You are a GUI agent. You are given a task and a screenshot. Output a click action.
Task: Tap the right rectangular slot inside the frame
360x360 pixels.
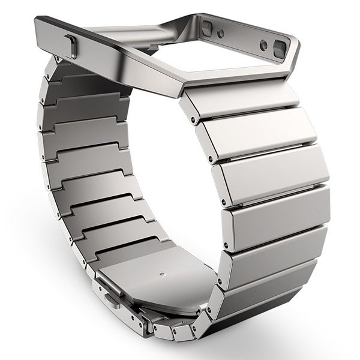pos(280,47)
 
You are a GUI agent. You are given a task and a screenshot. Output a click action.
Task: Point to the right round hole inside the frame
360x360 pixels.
pos(265,42)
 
